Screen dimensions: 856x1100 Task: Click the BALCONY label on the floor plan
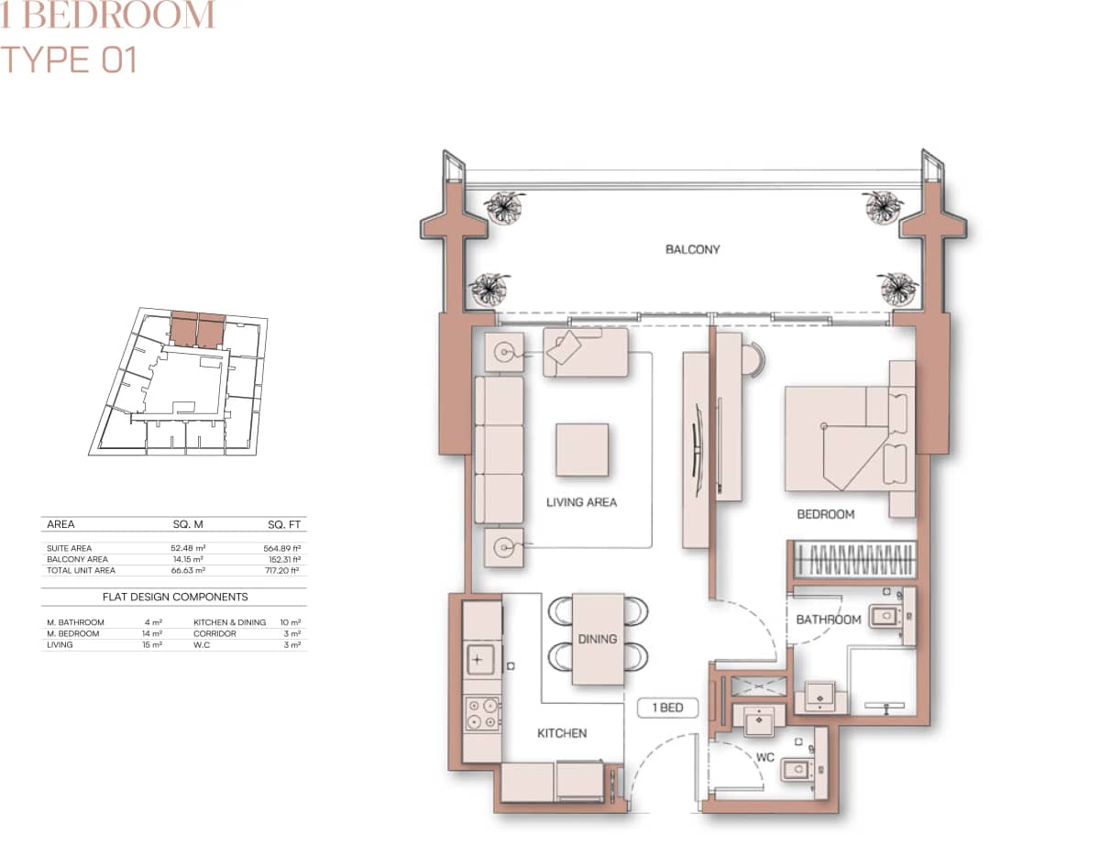point(692,249)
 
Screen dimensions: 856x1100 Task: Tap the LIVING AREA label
point(581,502)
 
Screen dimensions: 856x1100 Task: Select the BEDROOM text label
point(825,515)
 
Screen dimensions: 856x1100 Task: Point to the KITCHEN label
point(561,733)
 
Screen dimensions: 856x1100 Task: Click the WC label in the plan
point(765,758)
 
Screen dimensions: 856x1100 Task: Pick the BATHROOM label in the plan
point(828,620)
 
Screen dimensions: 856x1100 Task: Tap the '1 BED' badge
point(667,708)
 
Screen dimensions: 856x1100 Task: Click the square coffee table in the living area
point(581,449)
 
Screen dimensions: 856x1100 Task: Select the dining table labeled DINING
point(598,639)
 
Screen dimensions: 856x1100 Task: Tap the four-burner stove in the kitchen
point(482,714)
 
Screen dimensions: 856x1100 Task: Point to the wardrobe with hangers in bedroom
point(852,558)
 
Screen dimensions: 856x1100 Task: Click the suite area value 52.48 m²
point(187,548)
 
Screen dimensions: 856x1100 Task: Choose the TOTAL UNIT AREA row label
point(82,570)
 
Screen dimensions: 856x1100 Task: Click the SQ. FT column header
point(283,524)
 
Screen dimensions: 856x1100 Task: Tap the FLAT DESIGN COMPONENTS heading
point(174,597)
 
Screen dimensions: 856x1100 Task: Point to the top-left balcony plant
point(503,206)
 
